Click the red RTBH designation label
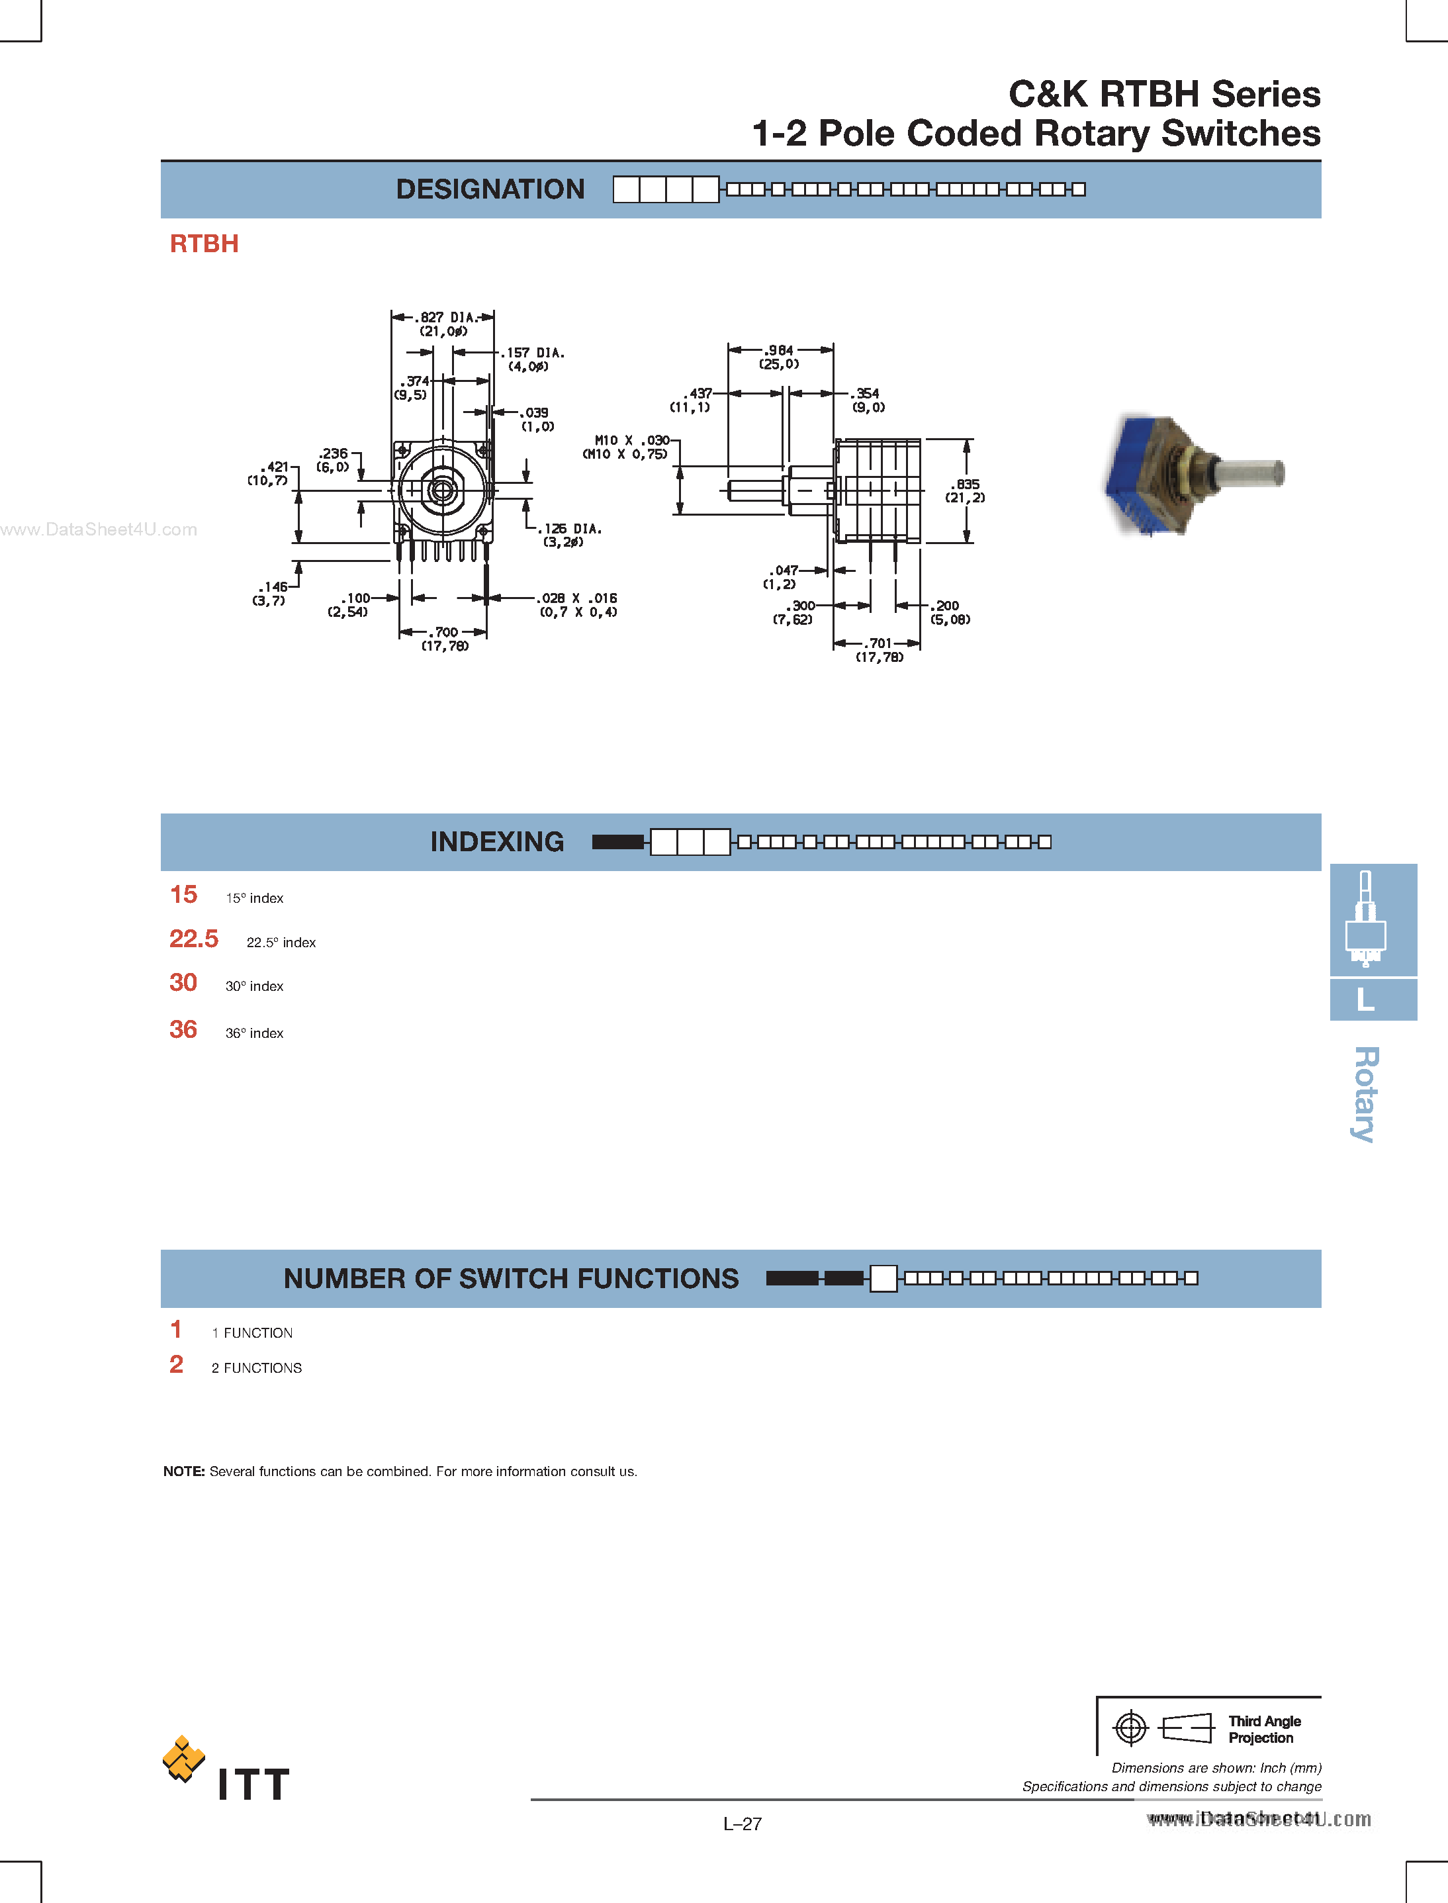coord(204,244)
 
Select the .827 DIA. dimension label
coord(445,317)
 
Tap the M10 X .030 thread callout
coord(632,440)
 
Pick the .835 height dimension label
coord(966,485)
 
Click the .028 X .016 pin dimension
coord(578,598)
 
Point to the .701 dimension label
coord(878,643)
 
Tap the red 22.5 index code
coord(194,939)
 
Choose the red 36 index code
coord(183,1029)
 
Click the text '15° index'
coord(254,898)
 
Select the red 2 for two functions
coord(177,1364)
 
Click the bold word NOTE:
coord(183,1471)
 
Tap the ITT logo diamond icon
coord(183,1758)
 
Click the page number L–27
coord(742,1824)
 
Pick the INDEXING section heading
coord(496,842)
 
